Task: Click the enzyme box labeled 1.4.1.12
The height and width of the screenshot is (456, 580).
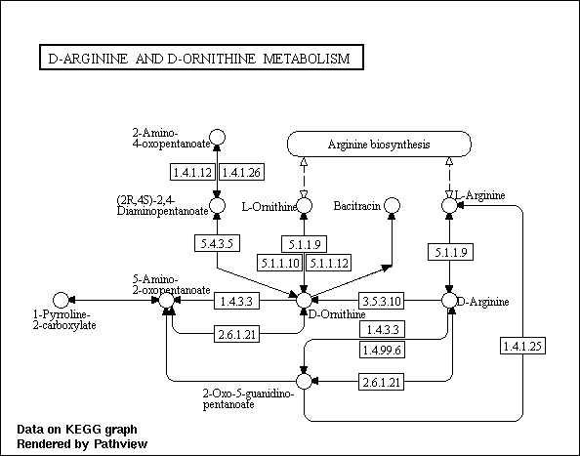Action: click(192, 172)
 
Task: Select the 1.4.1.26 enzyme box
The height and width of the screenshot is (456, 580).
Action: click(242, 172)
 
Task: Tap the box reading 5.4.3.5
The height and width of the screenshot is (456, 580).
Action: click(217, 243)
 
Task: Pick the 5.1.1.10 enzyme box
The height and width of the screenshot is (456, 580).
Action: click(280, 263)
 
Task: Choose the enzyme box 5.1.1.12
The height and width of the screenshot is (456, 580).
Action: click(329, 263)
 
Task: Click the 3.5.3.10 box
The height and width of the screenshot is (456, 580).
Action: click(382, 301)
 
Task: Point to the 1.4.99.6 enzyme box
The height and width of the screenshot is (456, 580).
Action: click(382, 350)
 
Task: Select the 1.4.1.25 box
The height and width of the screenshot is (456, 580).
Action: click(522, 346)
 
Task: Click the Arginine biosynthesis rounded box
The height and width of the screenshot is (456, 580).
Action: click(379, 144)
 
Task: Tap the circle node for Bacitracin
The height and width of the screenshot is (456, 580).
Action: click(392, 205)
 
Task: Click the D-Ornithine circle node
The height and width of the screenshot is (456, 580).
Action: click(304, 300)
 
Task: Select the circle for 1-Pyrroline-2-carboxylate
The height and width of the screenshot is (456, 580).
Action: click(62, 300)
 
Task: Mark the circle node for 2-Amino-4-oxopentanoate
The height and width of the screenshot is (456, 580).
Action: click(217, 137)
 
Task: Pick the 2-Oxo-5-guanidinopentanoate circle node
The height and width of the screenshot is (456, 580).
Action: click(304, 381)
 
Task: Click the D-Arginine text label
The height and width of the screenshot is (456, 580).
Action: click(483, 302)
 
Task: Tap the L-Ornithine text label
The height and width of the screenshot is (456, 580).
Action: click(269, 206)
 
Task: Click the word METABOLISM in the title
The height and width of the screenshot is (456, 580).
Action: click(307, 58)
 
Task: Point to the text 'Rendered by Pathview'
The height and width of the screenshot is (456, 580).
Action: click(82, 444)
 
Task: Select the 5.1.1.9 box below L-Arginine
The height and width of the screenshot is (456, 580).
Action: click(450, 252)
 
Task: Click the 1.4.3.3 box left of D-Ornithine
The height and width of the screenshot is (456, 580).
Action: click(236, 301)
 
